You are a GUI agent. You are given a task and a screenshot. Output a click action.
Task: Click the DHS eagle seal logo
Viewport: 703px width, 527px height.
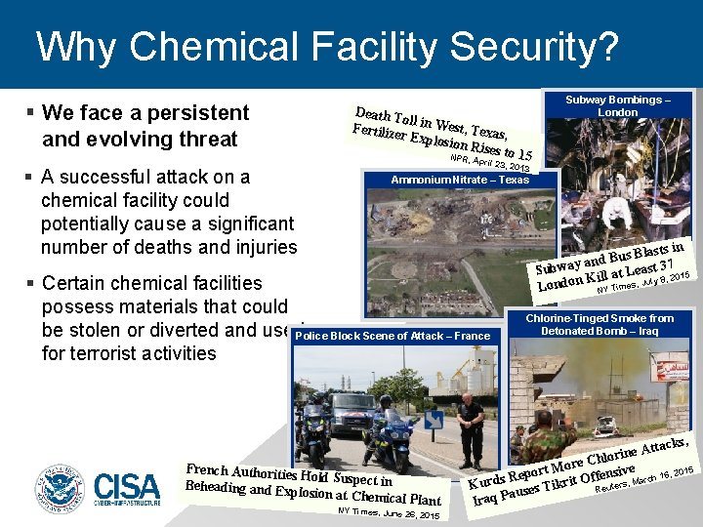(61, 489)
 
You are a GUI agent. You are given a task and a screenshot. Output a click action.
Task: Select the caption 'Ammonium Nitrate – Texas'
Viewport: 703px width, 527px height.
(446, 180)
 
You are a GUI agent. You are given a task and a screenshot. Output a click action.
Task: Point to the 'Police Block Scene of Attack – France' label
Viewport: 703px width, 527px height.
(392, 336)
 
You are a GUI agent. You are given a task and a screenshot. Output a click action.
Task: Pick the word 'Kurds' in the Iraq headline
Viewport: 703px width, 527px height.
(491, 481)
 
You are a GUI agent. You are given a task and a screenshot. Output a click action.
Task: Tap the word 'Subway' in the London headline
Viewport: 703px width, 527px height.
(558, 265)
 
